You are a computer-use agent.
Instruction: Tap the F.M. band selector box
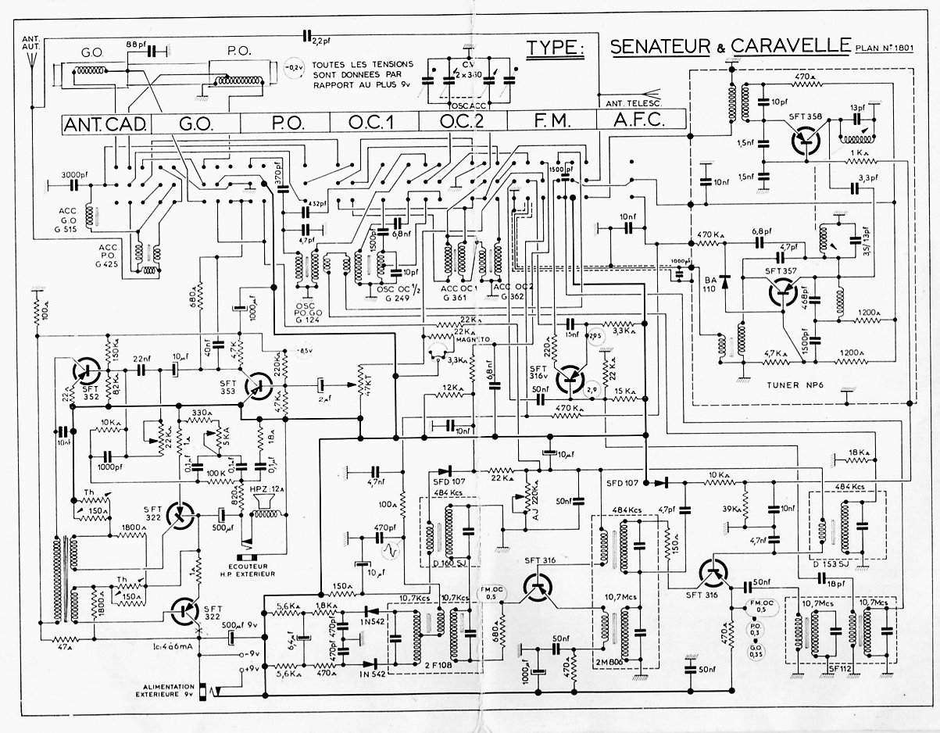point(551,122)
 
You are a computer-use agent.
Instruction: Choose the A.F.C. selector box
point(640,122)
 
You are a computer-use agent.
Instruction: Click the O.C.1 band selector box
point(373,123)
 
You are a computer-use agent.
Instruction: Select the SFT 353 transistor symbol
point(256,383)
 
